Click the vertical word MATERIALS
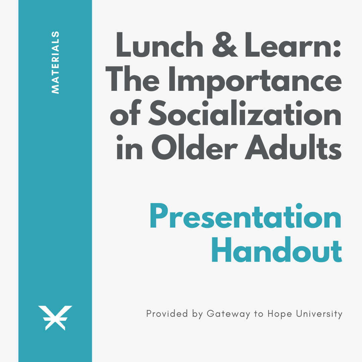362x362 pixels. click(x=55, y=62)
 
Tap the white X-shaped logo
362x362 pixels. click(x=55, y=318)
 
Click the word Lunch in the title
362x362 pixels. click(x=160, y=44)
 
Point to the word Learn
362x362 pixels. click(x=288, y=44)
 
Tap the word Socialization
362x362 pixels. click(x=245, y=112)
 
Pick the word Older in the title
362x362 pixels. click(x=195, y=146)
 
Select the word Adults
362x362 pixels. click(x=293, y=146)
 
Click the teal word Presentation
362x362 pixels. click(x=246, y=216)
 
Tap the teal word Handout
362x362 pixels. click(x=277, y=250)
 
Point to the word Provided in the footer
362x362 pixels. click(x=167, y=314)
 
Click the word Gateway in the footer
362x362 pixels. click(x=228, y=314)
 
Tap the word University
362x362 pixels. click(x=319, y=314)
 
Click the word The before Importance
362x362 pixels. click(x=132, y=78)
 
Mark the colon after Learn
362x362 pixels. click(x=337, y=49)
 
